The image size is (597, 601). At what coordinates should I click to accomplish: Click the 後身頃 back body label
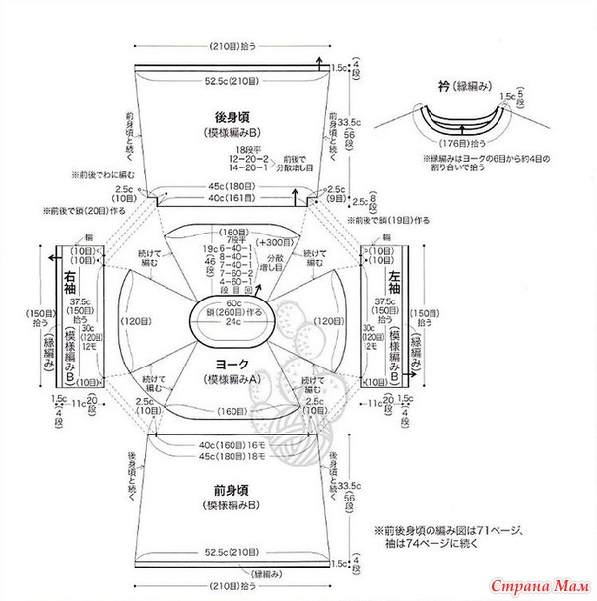[x=233, y=116]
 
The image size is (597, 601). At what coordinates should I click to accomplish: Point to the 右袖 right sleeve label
[x=70, y=278]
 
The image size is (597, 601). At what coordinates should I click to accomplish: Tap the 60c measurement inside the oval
[x=232, y=302]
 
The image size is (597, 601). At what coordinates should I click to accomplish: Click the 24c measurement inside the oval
[x=232, y=321]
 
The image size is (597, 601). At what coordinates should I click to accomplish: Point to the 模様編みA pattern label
[x=233, y=379]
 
